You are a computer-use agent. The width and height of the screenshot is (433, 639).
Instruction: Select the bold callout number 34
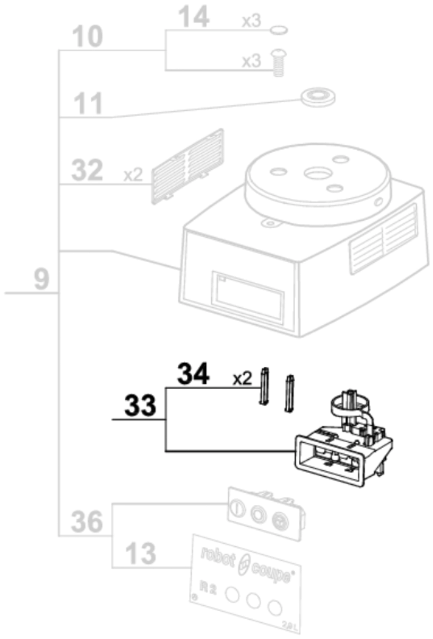(x=193, y=374)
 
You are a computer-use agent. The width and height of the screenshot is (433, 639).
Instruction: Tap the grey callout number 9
(x=42, y=279)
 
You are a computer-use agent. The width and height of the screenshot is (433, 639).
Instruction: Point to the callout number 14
(x=193, y=17)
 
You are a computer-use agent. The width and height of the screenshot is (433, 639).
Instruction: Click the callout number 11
(x=88, y=104)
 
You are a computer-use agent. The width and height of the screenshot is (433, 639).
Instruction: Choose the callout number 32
(x=87, y=170)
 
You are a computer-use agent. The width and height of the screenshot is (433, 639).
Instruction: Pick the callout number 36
(x=87, y=521)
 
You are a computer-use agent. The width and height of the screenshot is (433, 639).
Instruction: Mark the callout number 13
(x=141, y=553)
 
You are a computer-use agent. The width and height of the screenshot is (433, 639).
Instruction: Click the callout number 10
(x=87, y=36)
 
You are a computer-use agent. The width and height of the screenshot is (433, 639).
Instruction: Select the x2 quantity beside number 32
(x=133, y=175)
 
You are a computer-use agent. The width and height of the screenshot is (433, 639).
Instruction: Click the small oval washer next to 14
(x=279, y=29)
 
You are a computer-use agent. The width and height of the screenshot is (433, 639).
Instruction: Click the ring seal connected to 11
(x=318, y=96)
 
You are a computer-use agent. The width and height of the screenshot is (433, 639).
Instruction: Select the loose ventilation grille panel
(x=188, y=166)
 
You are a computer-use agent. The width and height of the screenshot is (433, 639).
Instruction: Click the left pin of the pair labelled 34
(x=264, y=386)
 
